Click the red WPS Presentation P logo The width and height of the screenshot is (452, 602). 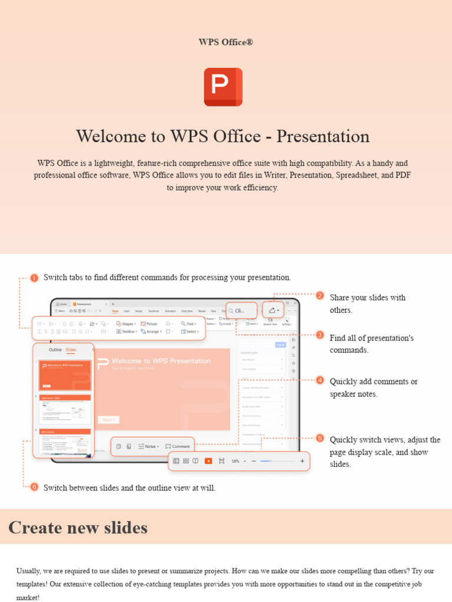(x=223, y=87)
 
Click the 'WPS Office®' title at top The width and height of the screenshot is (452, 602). (x=225, y=42)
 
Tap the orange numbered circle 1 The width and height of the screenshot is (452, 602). (x=34, y=277)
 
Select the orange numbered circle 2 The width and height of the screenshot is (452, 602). (x=320, y=296)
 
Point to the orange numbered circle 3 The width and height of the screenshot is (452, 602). (x=320, y=335)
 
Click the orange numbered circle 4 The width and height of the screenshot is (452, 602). (x=320, y=380)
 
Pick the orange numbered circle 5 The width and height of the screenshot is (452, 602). (x=320, y=438)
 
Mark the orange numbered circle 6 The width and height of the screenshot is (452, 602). (x=34, y=487)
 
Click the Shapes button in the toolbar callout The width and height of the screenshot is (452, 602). (x=126, y=323)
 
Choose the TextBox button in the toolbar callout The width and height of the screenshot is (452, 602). (x=126, y=332)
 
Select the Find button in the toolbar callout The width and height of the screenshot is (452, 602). (x=188, y=323)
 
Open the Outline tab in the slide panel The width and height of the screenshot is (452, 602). (x=55, y=350)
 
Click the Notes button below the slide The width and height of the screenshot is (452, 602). (x=149, y=446)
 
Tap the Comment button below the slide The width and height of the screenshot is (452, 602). (x=178, y=446)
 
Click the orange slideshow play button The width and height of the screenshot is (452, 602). (x=208, y=461)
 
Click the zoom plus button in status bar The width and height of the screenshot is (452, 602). (x=303, y=461)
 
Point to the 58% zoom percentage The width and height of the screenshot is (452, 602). (x=235, y=461)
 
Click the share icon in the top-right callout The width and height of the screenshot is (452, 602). (x=272, y=310)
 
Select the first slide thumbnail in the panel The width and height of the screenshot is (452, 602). (x=65, y=374)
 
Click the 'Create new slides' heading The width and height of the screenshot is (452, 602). (x=78, y=527)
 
